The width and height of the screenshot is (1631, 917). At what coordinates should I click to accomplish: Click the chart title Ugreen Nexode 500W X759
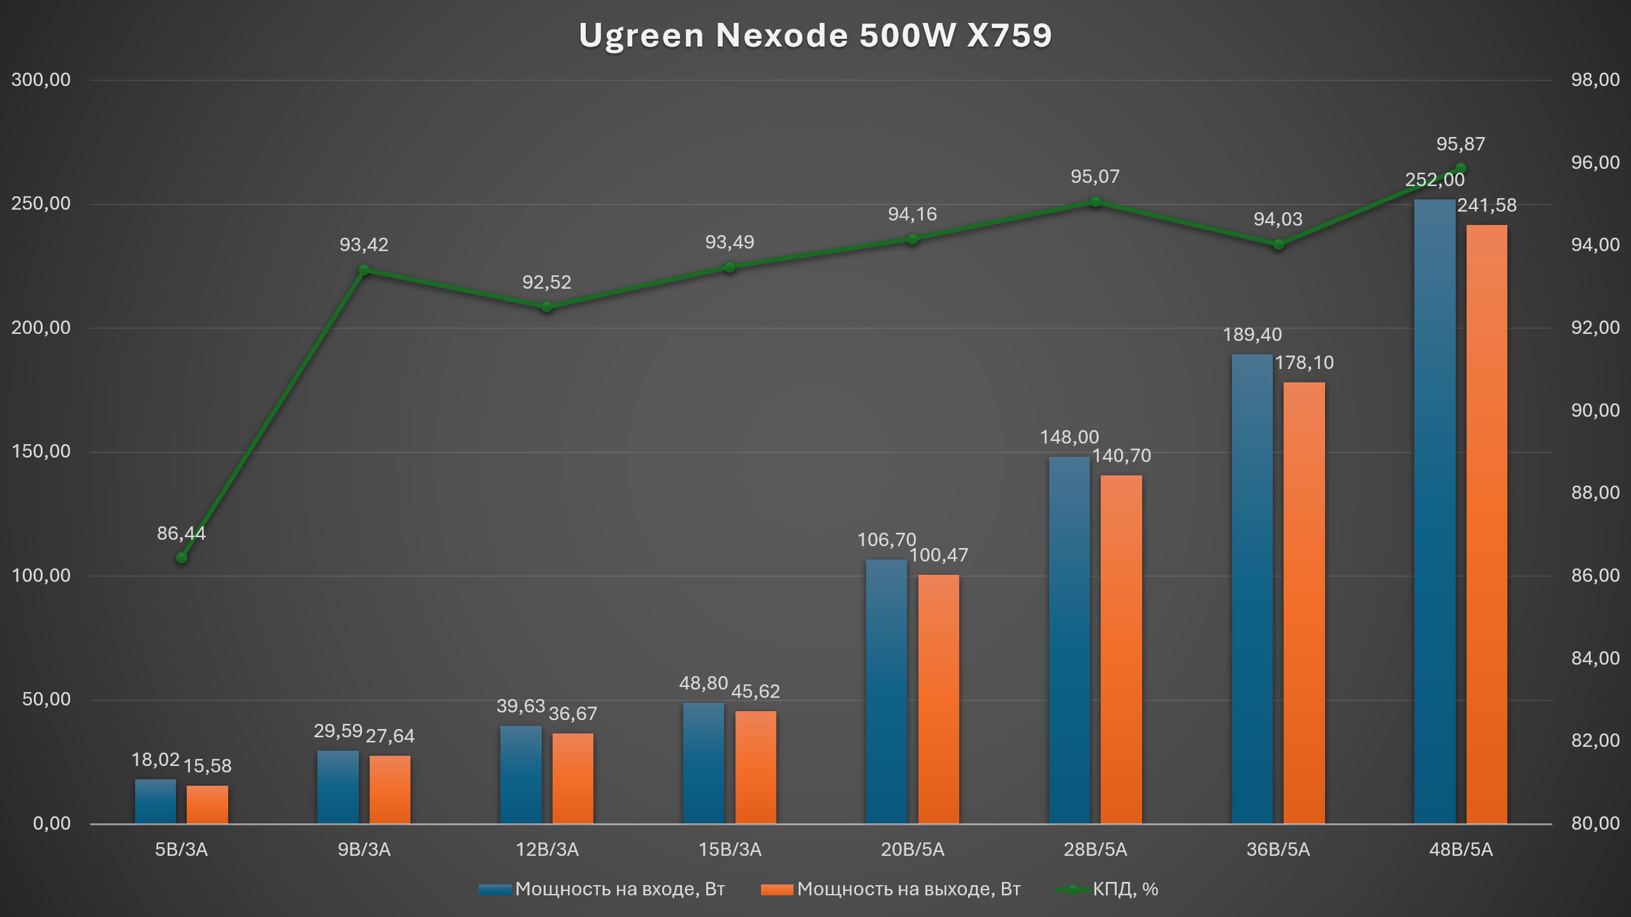pos(815,35)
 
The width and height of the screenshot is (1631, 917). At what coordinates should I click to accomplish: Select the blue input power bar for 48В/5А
pos(1434,510)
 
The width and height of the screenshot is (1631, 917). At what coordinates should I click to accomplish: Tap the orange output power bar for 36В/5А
pos(1303,602)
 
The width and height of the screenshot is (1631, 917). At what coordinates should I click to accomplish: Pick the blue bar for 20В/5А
pos(886,691)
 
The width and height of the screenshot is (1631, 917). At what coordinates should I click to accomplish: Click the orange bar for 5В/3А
pos(207,804)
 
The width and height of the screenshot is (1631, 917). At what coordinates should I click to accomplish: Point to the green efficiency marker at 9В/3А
pos(364,270)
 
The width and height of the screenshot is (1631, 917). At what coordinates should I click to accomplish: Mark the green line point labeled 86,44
pos(182,558)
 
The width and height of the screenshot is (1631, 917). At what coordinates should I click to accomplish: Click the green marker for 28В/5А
pos(1095,202)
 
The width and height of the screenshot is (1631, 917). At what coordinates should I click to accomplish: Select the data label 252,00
pos(1435,180)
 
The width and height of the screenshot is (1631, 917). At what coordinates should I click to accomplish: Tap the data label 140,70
pos(1121,456)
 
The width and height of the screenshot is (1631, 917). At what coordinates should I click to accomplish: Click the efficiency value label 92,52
pos(546,282)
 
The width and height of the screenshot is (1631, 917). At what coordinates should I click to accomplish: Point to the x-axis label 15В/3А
pos(730,849)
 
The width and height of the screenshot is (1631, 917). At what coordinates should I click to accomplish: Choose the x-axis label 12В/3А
pos(547,849)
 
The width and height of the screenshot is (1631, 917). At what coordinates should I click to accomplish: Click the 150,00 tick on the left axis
pos(41,451)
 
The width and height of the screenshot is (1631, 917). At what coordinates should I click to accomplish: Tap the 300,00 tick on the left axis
pos(41,80)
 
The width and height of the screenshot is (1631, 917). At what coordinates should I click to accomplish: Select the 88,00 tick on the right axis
pos(1595,493)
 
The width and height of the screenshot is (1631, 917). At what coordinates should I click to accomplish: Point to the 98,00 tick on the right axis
pos(1595,80)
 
